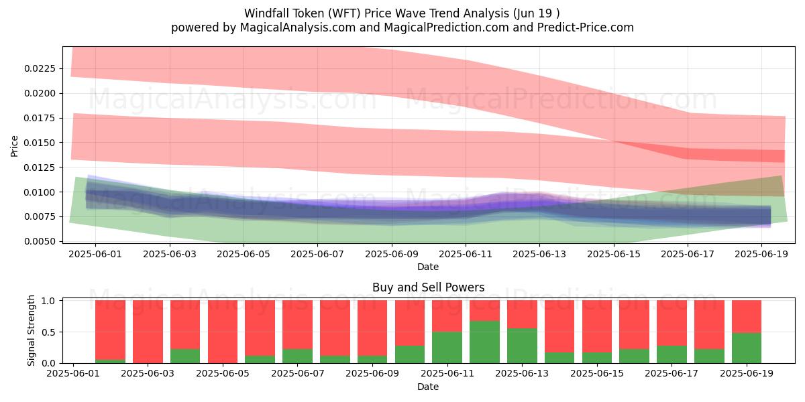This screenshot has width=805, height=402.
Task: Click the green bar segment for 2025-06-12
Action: [484, 342]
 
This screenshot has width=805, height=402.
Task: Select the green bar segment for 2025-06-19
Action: [747, 348]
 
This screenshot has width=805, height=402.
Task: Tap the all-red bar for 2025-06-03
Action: [148, 332]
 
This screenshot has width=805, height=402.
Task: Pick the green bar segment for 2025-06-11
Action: [447, 348]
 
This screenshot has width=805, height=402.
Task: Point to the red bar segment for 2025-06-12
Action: [484, 310]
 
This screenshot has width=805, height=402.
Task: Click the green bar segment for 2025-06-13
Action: [522, 346]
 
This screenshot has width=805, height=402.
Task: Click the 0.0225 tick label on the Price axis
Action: [40, 68]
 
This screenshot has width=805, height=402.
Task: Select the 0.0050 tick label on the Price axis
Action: [40, 242]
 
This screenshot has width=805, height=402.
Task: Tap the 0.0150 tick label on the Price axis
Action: [40, 143]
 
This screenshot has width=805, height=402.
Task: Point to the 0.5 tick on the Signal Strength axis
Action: [49, 332]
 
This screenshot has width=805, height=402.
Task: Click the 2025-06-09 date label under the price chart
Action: [392, 254]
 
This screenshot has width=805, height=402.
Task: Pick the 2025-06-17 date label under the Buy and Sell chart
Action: [672, 373]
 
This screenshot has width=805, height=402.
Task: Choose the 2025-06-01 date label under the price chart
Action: [95, 254]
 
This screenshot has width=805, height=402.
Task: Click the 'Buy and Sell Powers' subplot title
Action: [429, 287]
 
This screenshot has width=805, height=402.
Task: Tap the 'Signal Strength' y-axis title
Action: [32, 330]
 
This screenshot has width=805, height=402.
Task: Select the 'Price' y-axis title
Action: [14, 146]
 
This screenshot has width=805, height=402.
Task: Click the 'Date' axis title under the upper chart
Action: [428, 267]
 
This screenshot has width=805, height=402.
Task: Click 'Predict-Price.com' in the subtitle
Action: [586, 27]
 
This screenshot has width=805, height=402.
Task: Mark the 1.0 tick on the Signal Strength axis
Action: [49, 301]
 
